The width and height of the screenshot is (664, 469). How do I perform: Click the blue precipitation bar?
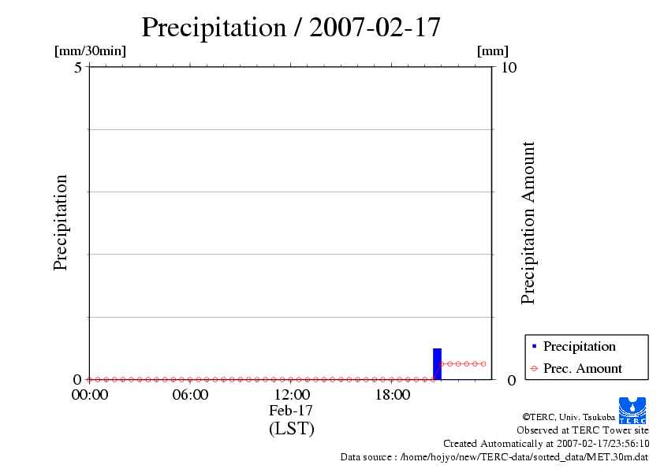pyautogui.click(x=437, y=363)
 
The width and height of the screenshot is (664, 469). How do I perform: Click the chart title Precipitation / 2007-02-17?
pyautogui.click(x=290, y=28)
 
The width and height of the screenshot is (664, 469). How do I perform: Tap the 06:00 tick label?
pyautogui.click(x=190, y=395)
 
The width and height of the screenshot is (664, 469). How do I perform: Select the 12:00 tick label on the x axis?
pyautogui.click(x=291, y=395)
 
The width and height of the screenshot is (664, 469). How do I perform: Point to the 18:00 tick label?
pyautogui.click(x=392, y=395)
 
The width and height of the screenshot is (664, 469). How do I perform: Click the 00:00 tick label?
pyautogui.click(x=89, y=395)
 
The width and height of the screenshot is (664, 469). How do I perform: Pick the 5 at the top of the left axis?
pyautogui.click(x=78, y=68)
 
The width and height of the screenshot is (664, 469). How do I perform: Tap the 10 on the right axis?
pyautogui.click(x=509, y=68)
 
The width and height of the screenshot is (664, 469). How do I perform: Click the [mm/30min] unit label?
pyautogui.click(x=90, y=51)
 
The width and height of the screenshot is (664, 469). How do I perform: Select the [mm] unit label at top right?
pyautogui.click(x=493, y=51)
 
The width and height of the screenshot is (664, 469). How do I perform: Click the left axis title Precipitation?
pyautogui.click(x=61, y=223)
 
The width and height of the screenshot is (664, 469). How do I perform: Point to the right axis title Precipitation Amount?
pyautogui.click(x=528, y=223)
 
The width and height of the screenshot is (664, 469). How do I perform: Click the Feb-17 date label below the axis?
pyautogui.click(x=291, y=411)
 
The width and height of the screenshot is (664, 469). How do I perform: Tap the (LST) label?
pyautogui.click(x=291, y=429)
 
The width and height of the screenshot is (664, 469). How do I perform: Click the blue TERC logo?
pyautogui.click(x=632, y=409)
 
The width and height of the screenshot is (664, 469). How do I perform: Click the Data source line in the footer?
pyautogui.click(x=494, y=456)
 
